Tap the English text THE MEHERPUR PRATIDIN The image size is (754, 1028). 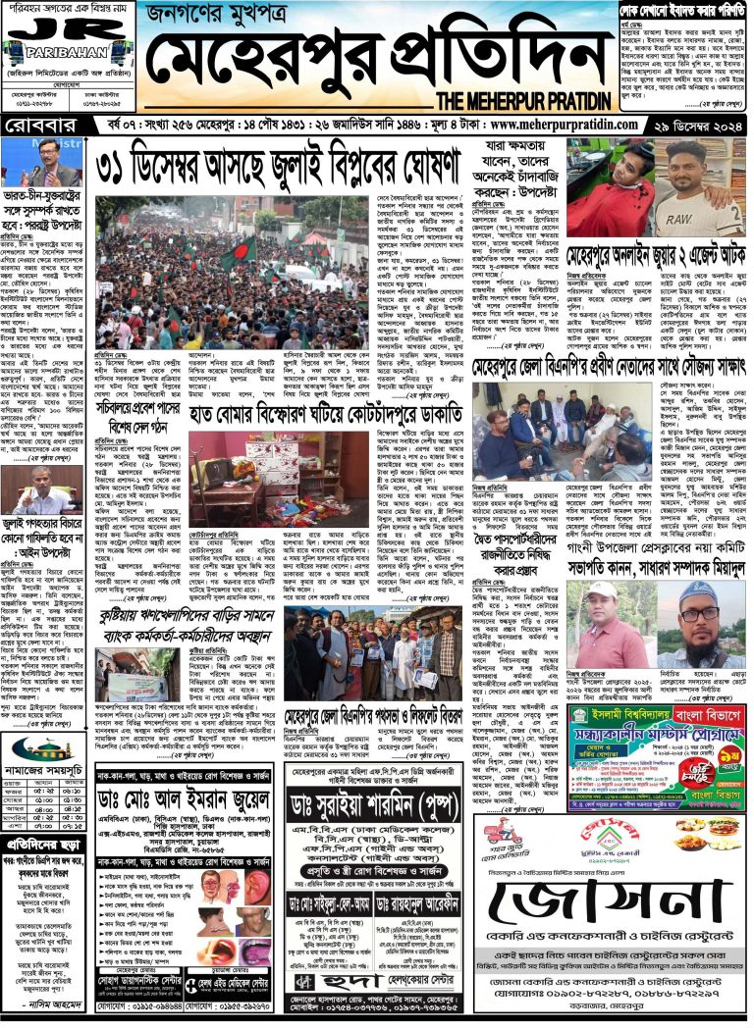pyautogui.click(x=520, y=101)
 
